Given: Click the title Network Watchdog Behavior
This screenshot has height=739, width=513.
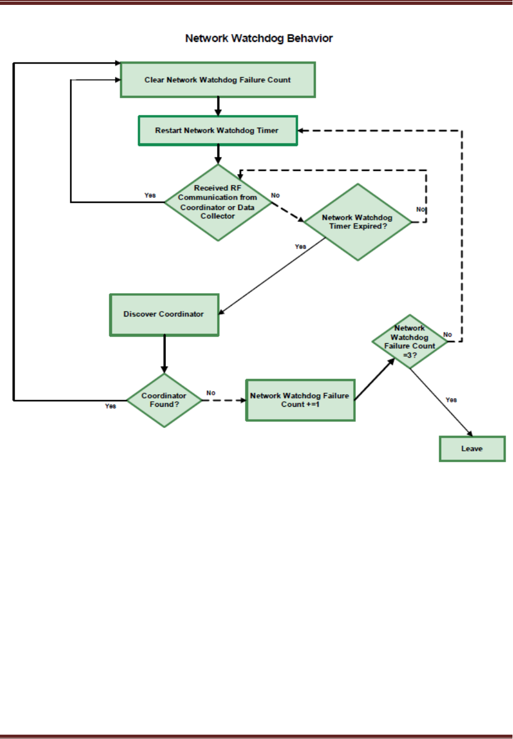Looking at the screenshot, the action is [259, 38].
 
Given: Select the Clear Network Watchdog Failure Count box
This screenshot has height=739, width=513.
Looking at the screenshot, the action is [218, 80].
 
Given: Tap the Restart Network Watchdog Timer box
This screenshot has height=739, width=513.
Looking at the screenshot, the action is [218, 131].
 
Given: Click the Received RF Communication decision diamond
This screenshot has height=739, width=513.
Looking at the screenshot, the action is [218, 202].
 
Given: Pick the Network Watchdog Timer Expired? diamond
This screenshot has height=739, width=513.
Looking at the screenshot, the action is [358, 222].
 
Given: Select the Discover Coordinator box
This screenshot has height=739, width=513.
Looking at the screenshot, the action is [164, 315].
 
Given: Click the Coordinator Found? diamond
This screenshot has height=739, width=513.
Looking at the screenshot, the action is [164, 400].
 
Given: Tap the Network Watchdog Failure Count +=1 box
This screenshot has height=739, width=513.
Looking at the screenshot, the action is [300, 400].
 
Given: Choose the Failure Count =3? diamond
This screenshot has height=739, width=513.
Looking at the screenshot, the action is [410, 341].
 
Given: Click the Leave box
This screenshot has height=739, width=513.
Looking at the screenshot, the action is [472, 449].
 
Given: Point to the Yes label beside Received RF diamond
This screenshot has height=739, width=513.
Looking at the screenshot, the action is [150, 195].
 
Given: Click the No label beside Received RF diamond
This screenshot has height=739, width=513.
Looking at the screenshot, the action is [275, 195].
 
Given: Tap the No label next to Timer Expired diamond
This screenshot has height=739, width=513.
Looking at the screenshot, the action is [420, 209].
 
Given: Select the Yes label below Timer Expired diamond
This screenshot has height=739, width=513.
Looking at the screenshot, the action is [300, 246].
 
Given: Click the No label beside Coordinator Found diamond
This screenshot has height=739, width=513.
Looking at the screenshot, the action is [211, 393].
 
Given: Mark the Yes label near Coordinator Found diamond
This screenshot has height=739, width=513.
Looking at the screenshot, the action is [110, 406].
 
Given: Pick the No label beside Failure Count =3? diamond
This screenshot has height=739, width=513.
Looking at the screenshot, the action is [447, 334].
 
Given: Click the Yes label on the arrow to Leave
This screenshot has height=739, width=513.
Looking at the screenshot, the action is [452, 400].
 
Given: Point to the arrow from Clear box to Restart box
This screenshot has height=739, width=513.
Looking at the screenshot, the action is [218, 107].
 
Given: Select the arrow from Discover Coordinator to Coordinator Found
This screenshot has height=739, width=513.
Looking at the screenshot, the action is [164, 355].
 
